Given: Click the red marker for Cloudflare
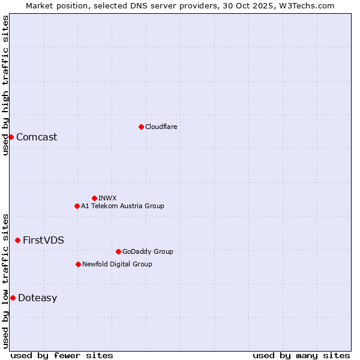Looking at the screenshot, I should tap(141, 127).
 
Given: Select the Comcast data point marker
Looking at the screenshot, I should tap(11, 137).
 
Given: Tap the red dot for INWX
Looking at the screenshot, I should tap(94, 198).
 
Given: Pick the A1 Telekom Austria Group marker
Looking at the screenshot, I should tap(77, 206).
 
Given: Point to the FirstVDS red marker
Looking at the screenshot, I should tap(17, 240).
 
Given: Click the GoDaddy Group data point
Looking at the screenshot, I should tap(118, 251).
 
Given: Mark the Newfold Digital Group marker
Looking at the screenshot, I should tap(78, 264).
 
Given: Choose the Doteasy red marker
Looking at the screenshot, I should tap(13, 298).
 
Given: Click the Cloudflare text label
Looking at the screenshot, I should tap(161, 127).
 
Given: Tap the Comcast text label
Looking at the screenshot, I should tap(37, 137).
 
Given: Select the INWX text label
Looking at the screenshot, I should tap(107, 198).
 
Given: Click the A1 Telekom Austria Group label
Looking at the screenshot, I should tap(122, 206).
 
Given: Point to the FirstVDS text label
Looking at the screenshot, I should tap(43, 240).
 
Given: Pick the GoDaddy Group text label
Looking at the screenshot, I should tap(147, 251).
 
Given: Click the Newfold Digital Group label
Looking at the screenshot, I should tap(117, 264).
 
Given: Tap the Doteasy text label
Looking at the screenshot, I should tap(37, 298).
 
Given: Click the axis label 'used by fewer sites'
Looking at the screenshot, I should tap(62, 355).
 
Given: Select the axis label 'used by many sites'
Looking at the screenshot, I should tap(301, 355).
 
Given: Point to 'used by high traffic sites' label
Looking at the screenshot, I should tap(5, 85).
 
